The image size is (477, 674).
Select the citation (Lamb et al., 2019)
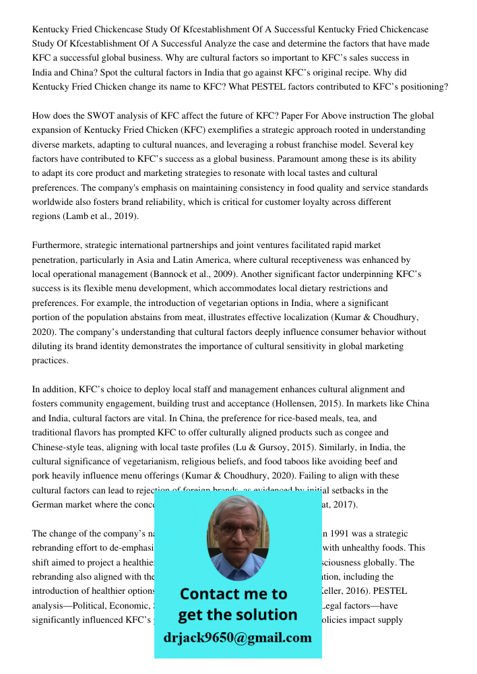pyautogui.click(x=101, y=216)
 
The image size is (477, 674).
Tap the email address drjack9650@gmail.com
pyautogui.click(x=238, y=638)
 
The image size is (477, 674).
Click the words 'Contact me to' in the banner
pyautogui.click(x=233, y=594)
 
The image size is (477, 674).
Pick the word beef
pyautogui.click(x=379, y=462)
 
